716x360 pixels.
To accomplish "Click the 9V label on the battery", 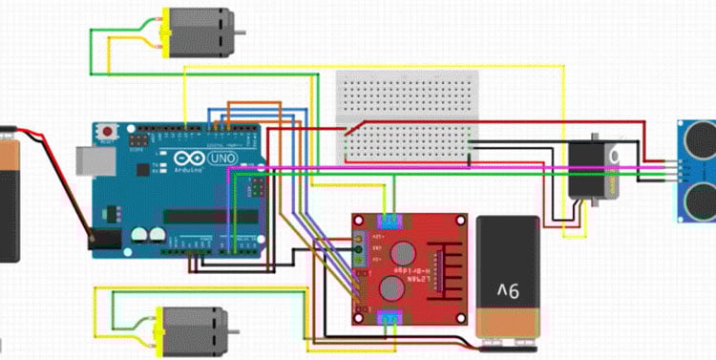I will (507, 287).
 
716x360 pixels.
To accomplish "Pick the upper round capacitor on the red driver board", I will (402, 252).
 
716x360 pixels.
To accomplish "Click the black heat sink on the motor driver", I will (442, 270).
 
